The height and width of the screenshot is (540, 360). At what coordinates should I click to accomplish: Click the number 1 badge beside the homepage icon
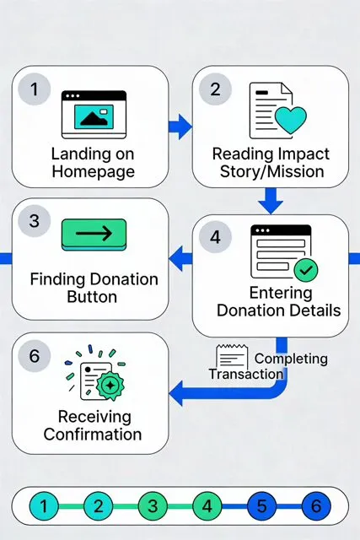click(34, 89)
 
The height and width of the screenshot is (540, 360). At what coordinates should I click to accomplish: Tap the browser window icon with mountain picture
click(94, 115)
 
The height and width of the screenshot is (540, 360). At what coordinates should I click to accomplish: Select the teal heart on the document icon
click(291, 120)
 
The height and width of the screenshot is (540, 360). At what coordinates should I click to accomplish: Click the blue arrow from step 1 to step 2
click(180, 127)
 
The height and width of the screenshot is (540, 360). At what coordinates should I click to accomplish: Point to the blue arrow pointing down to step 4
click(271, 201)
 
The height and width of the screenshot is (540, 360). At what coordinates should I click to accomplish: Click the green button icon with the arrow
click(94, 235)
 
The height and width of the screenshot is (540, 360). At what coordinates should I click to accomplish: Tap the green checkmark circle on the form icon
click(306, 270)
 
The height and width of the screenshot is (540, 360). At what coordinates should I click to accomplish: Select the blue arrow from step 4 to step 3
click(180, 258)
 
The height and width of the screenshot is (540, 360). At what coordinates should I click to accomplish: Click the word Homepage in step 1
click(94, 172)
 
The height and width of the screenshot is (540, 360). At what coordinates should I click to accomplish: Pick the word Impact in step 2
click(302, 154)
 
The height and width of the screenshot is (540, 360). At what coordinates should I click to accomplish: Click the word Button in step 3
click(92, 297)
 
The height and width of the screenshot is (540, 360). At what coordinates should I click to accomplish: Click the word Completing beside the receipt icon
click(291, 359)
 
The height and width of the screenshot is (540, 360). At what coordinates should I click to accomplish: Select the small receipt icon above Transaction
click(232, 356)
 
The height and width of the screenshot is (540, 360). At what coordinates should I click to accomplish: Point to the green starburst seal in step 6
click(110, 386)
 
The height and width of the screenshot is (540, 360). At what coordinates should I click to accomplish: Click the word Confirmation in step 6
click(93, 435)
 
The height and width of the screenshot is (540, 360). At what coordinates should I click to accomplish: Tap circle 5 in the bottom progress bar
click(261, 506)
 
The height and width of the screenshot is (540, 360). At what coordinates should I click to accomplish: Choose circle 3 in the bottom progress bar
click(153, 506)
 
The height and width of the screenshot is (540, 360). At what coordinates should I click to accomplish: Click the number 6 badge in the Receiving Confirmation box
click(34, 355)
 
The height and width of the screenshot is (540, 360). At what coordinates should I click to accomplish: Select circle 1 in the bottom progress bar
click(44, 506)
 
